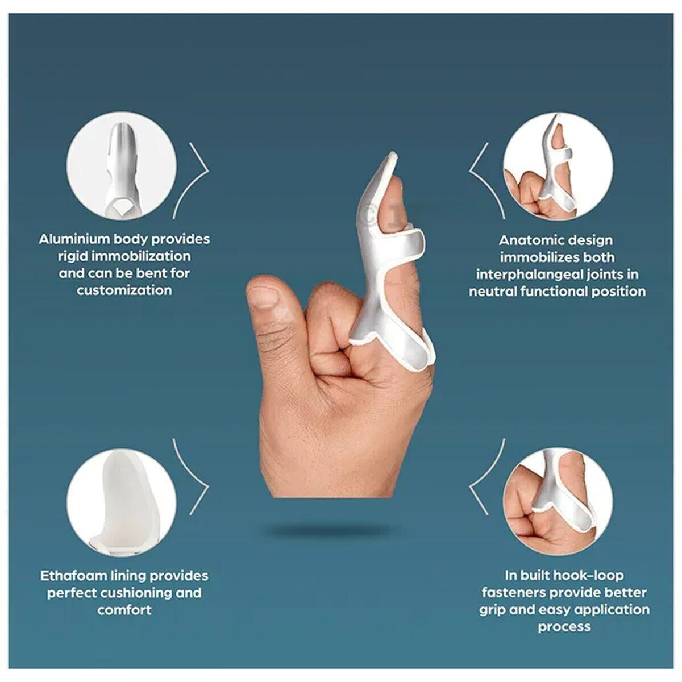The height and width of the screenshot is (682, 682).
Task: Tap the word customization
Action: (x=124, y=290)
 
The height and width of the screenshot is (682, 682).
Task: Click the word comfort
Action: (x=124, y=610)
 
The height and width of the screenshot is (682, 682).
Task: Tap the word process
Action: (x=564, y=627)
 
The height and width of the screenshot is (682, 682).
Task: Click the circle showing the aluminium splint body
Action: (x=122, y=166)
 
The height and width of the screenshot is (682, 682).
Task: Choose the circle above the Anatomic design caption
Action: (x=558, y=167)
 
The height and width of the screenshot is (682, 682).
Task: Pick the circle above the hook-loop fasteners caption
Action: (x=558, y=503)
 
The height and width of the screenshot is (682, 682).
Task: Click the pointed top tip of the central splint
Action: (x=393, y=153)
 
